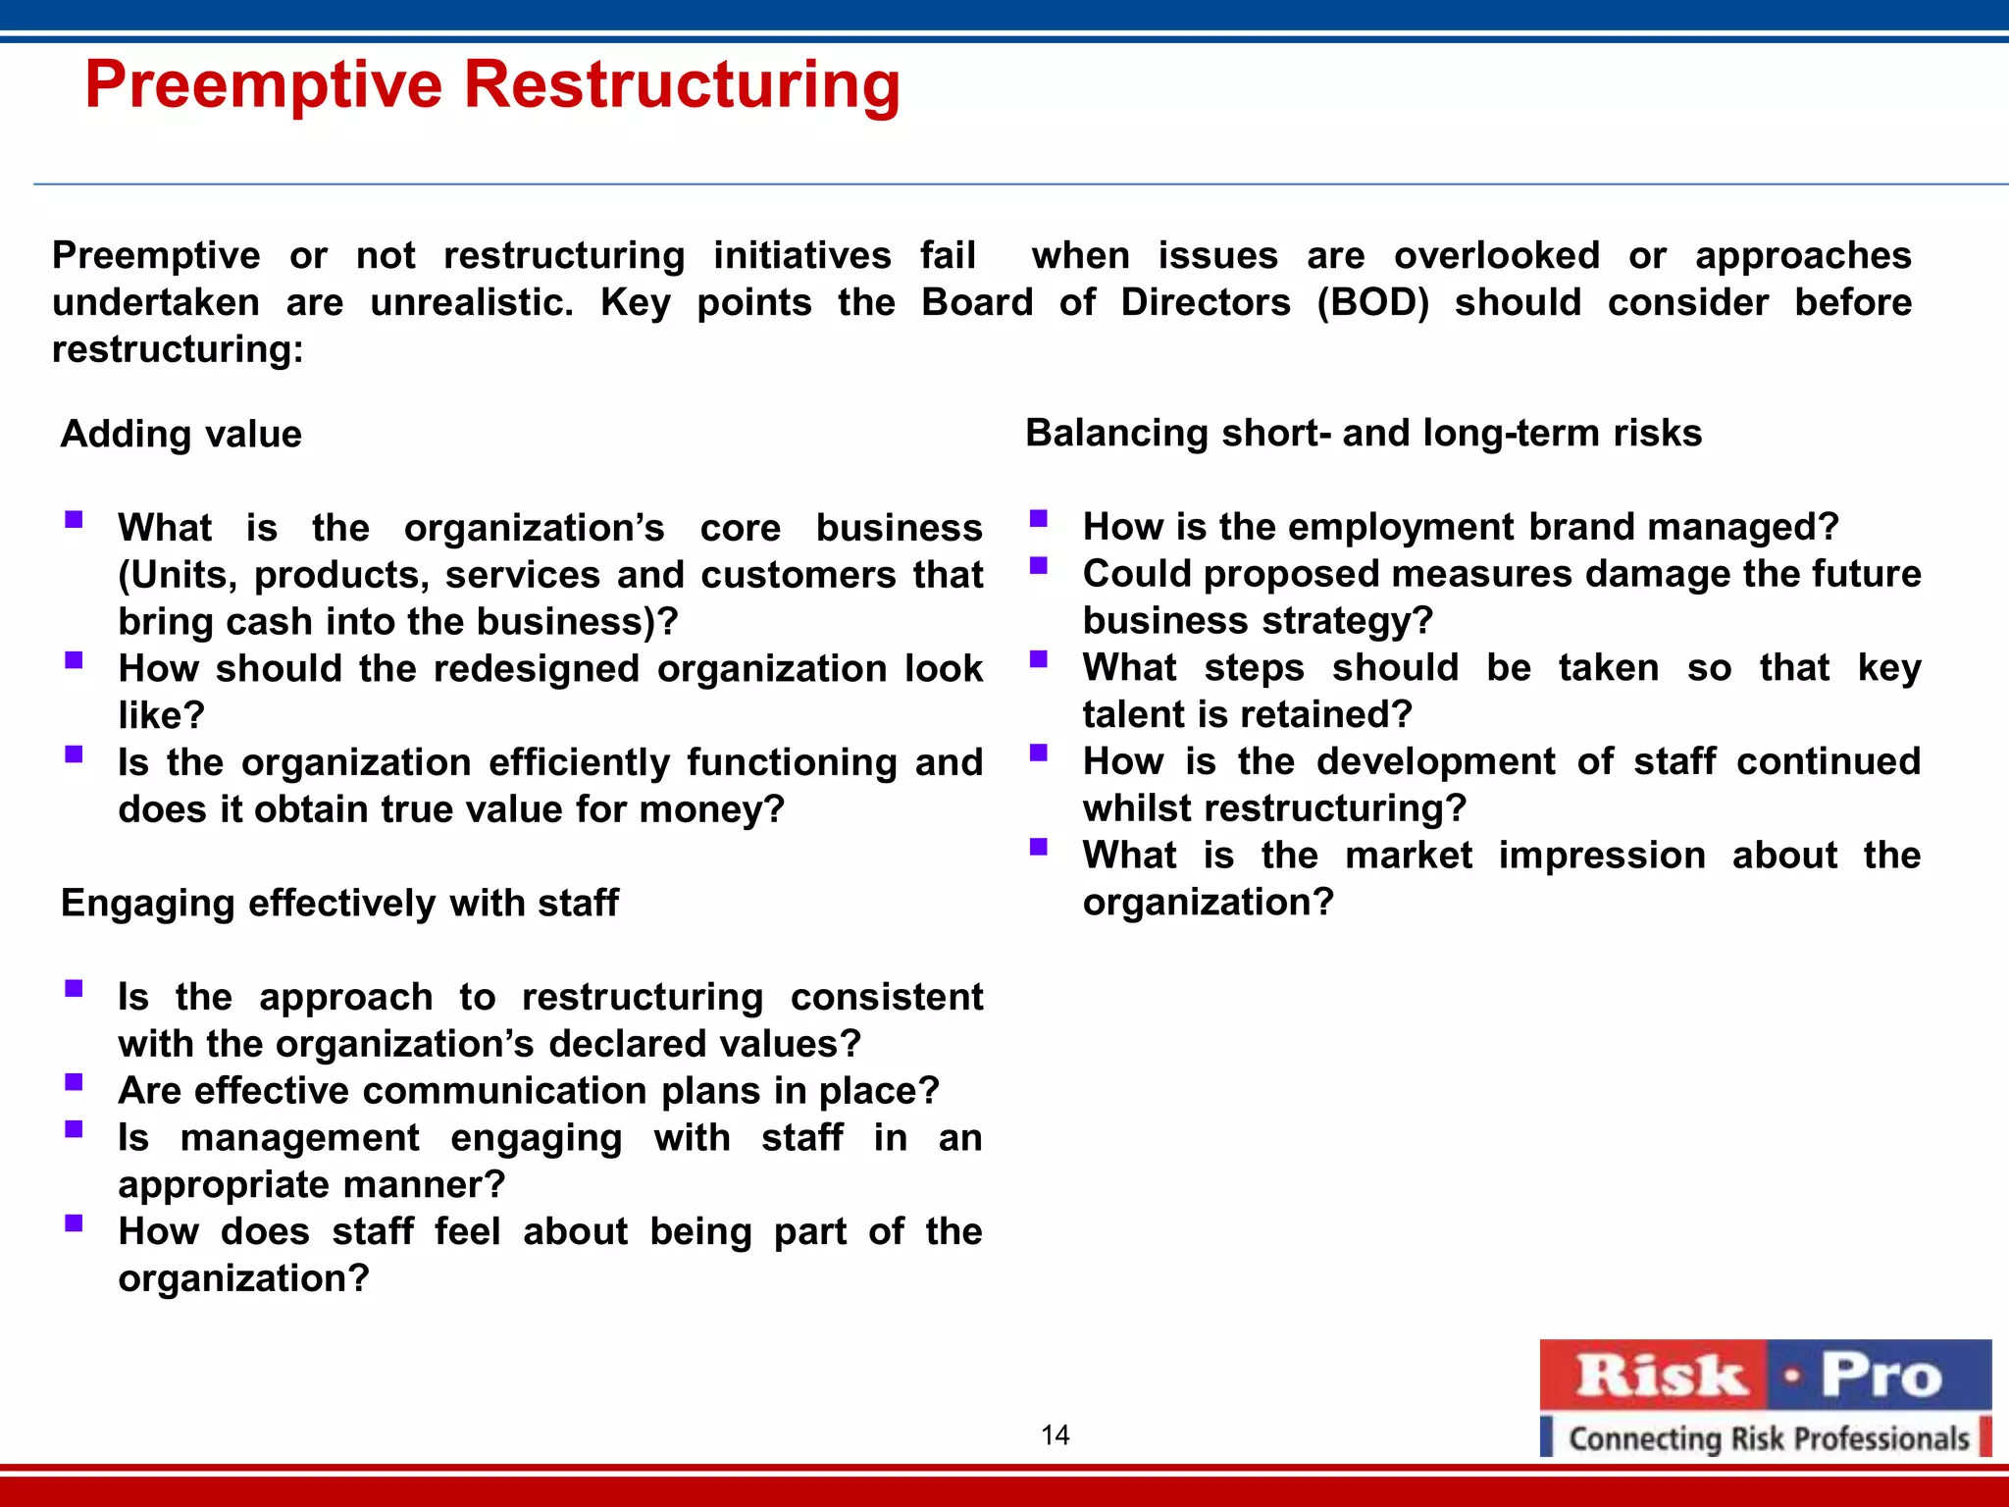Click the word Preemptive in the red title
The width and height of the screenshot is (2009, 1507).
tap(263, 85)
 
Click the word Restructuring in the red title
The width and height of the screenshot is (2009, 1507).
tap(682, 85)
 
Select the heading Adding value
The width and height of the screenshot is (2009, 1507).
tap(181, 434)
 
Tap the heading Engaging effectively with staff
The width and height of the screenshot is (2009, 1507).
tap(339, 903)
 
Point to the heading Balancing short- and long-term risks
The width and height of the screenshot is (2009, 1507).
tap(1364, 433)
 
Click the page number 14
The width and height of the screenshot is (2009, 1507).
tap(1056, 1435)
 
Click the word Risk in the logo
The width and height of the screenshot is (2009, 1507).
tap(1660, 1376)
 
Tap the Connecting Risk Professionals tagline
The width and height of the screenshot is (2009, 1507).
tap(1769, 1438)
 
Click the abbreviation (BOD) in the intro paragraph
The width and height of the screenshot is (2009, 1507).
tap(1372, 302)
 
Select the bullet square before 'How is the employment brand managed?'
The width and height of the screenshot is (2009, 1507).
tap(1039, 518)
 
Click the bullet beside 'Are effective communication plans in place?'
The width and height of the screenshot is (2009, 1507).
tap(74, 1082)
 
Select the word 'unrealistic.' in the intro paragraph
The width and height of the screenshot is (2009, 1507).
tap(472, 302)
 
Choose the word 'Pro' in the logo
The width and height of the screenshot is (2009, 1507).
tap(1880, 1376)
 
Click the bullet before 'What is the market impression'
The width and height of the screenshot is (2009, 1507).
tap(1039, 847)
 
